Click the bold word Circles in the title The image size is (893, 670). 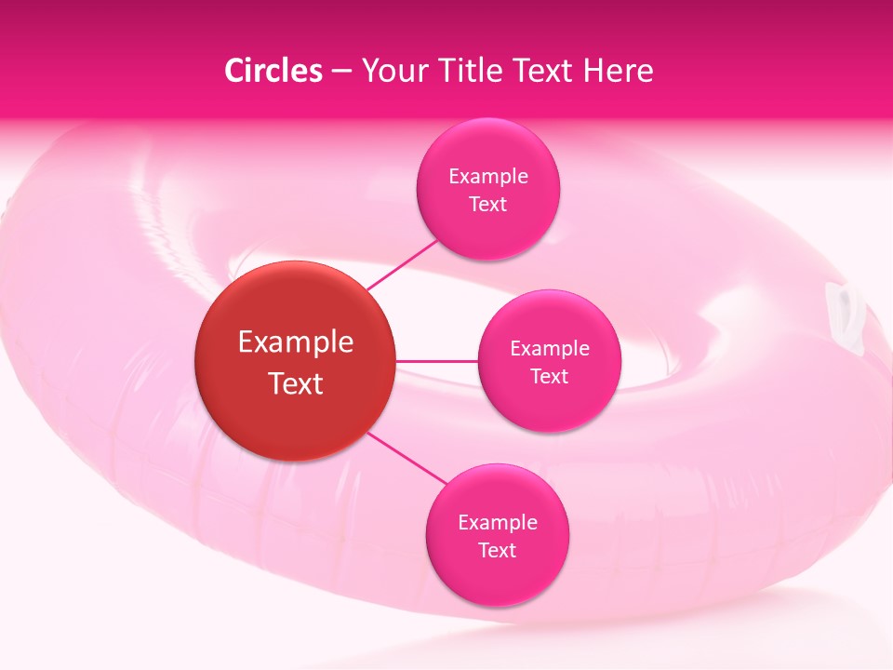point(273,71)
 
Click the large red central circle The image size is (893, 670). point(295,361)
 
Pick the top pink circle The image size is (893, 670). point(487,190)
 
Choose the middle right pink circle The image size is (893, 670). point(549,361)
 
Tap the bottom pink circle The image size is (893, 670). point(498,536)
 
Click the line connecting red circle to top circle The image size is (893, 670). point(403,264)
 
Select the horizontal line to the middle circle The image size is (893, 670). point(437,361)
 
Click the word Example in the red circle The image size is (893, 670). point(295,342)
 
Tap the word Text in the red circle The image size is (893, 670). point(295,382)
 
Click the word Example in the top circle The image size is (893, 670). point(487,176)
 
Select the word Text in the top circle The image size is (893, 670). point(487,204)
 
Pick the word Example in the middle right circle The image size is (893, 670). point(549,348)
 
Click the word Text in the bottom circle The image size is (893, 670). point(498,550)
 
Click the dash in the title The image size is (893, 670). point(341,72)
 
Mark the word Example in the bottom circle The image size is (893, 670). point(498,522)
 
